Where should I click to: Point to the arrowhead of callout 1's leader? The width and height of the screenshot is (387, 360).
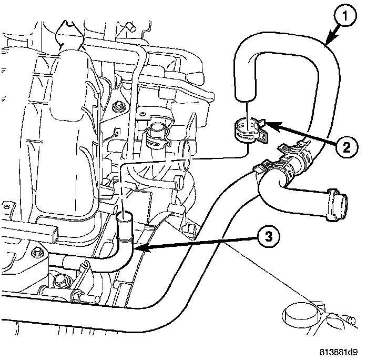[327, 44]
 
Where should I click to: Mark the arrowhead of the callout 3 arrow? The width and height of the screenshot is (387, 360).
[135, 247]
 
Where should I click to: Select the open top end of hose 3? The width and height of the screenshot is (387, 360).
[125, 215]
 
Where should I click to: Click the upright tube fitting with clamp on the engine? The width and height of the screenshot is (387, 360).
[156, 132]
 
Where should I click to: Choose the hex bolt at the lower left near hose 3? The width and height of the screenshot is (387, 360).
[37, 255]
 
